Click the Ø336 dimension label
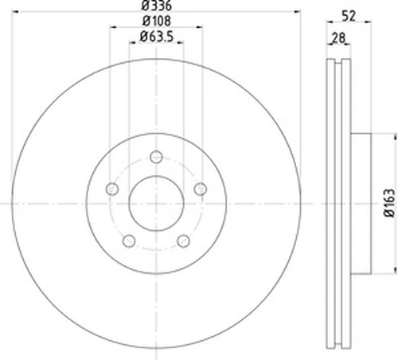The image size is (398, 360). [x=157, y=6]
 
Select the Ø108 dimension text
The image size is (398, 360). [x=157, y=21]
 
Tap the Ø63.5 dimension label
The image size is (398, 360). [x=157, y=37]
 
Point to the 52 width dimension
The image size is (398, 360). [x=349, y=16]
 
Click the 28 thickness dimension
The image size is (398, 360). [x=338, y=37]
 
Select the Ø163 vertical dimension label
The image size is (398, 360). [x=389, y=203]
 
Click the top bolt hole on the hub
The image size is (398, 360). [x=156, y=157]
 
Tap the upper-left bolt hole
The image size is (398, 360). [x=112, y=189]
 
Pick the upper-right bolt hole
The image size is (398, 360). [x=201, y=189]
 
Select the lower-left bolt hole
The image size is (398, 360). [x=129, y=241]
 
